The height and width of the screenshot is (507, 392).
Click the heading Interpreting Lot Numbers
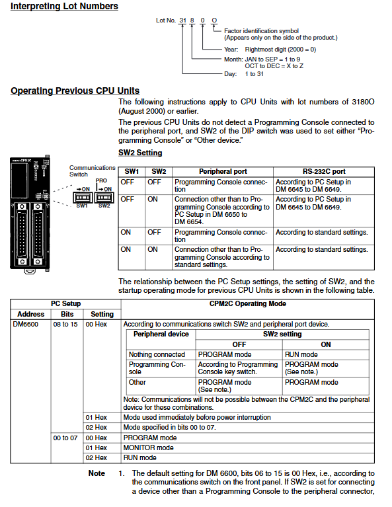(x=64, y=6)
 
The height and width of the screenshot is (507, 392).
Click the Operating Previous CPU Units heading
(x=75, y=91)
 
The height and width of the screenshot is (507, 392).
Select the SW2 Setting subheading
(x=140, y=153)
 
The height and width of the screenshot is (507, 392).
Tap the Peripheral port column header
(x=223, y=171)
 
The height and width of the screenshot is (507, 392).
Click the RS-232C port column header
(x=324, y=171)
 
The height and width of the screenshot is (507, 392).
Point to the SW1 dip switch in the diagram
(x=83, y=197)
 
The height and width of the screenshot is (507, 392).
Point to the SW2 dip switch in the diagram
(x=104, y=197)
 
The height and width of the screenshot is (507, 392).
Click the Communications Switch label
(x=92, y=171)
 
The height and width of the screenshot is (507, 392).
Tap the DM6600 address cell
(x=26, y=324)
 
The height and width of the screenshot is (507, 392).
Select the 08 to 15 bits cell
(x=65, y=324)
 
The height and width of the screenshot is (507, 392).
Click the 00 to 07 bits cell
(x=65, y=438)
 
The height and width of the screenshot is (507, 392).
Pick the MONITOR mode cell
(x=149, y=448)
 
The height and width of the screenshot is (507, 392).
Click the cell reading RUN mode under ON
(x=301, y=354)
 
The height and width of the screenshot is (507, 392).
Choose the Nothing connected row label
(x=157, y=354)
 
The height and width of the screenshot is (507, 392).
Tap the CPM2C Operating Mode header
(x=248, y=303)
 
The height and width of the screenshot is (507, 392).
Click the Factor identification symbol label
(x=261, y=30)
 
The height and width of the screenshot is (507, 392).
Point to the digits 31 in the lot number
(x=182, y=20)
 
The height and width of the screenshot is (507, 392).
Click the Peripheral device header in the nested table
(x=161, y=334)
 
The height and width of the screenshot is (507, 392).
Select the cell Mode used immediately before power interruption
(x=197, y=418)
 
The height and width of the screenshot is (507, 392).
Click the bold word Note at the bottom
(x=97, y=473)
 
